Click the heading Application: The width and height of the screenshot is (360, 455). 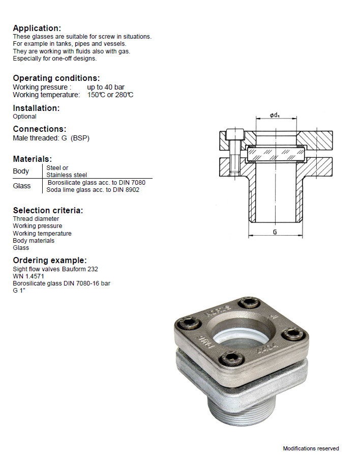37,28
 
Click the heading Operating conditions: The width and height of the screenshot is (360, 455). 56,78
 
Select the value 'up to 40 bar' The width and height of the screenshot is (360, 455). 106,87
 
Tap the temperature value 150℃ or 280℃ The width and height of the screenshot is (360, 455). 110,95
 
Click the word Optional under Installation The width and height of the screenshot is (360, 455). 24,117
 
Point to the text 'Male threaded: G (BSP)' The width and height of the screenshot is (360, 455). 51,138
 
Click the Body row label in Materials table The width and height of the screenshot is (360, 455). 21,171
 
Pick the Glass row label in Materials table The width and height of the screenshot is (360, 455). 21,186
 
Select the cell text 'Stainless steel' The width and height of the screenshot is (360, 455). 67,175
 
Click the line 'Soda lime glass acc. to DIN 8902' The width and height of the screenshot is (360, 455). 93,190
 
